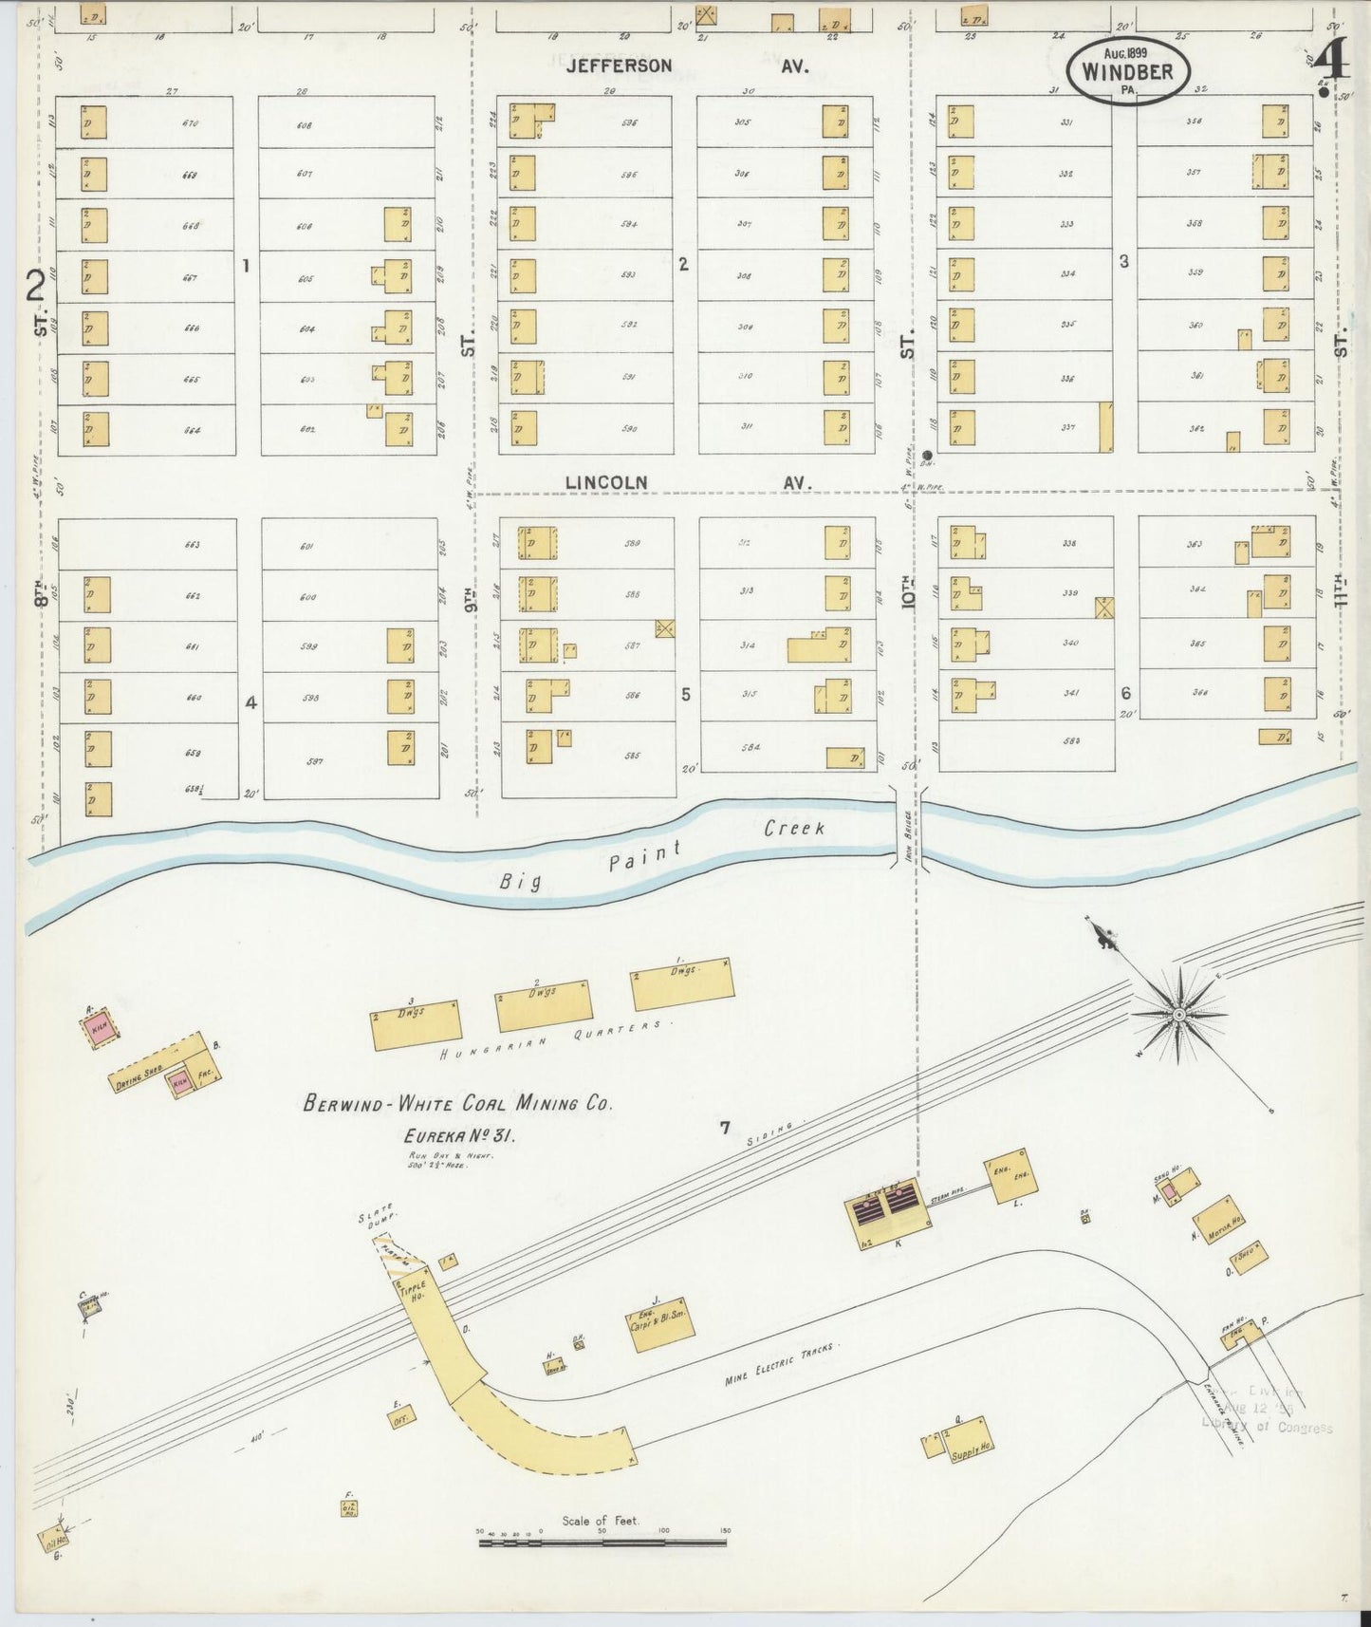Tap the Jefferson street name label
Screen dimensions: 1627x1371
click(620, 66)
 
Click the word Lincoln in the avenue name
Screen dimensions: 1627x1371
click(606, 482)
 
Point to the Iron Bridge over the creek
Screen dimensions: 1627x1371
click(907, 826)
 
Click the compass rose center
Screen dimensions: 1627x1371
click(1177, 1015)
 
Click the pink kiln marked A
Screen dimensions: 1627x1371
click(99, 1026)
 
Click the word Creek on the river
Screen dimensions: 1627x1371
click(794, 829)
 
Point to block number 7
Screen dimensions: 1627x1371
click(724, 1129)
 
